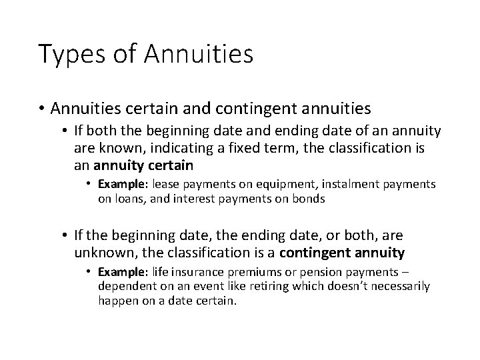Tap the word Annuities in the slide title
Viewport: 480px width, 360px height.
coord(199,53)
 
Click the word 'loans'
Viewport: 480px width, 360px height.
coord(145,198)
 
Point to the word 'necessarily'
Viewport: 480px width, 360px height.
coord(404,287)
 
